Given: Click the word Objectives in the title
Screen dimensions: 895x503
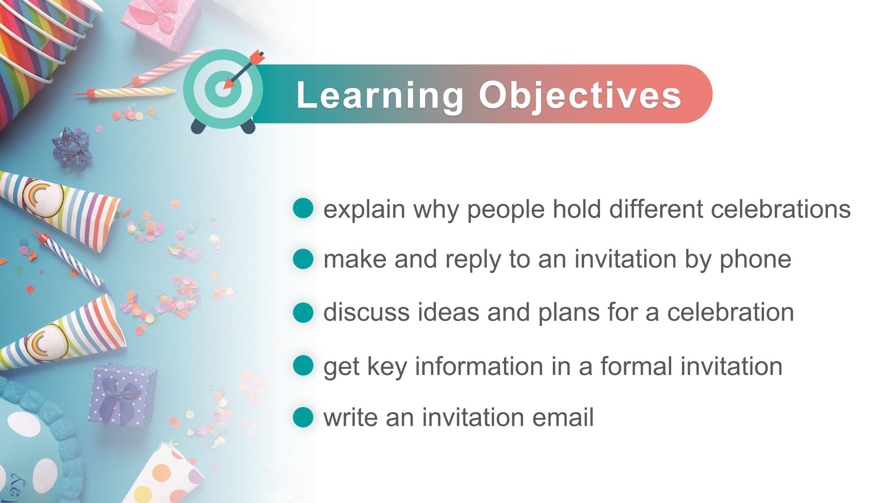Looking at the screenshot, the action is tap(580, 96).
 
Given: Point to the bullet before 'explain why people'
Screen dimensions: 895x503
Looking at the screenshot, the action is tap(303, 208).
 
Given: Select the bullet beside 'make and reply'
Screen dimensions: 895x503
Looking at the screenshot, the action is tap(303, 259).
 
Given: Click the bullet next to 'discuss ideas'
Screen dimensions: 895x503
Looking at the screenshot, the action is tap(303, 312).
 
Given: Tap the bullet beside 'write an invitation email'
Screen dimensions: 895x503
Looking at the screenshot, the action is tap(303, 417).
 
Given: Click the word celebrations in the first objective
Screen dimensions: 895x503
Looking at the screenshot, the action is tap(781, 209).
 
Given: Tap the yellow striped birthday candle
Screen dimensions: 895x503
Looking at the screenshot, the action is tap(126, 92).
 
